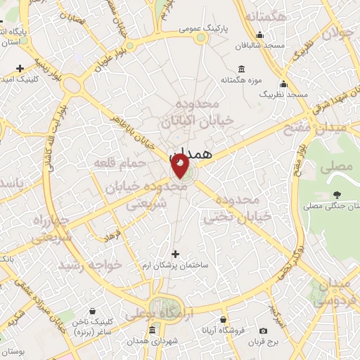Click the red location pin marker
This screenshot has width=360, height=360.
(x=180, y=167)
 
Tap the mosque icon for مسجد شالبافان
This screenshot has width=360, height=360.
(x=261, y=35)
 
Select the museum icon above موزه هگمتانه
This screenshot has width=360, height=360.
(x=242, y=69)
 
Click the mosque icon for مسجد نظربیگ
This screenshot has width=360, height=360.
(x=283, y=83)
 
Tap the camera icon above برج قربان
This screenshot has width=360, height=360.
(x=264, y=330)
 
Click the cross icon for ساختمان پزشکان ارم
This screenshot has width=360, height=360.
(x=175, y=254)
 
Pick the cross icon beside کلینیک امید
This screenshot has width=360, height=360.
(x=20, y=69)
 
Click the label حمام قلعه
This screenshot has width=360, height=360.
(x=120, y=163)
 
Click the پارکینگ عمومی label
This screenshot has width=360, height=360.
(x=200, y=30)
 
